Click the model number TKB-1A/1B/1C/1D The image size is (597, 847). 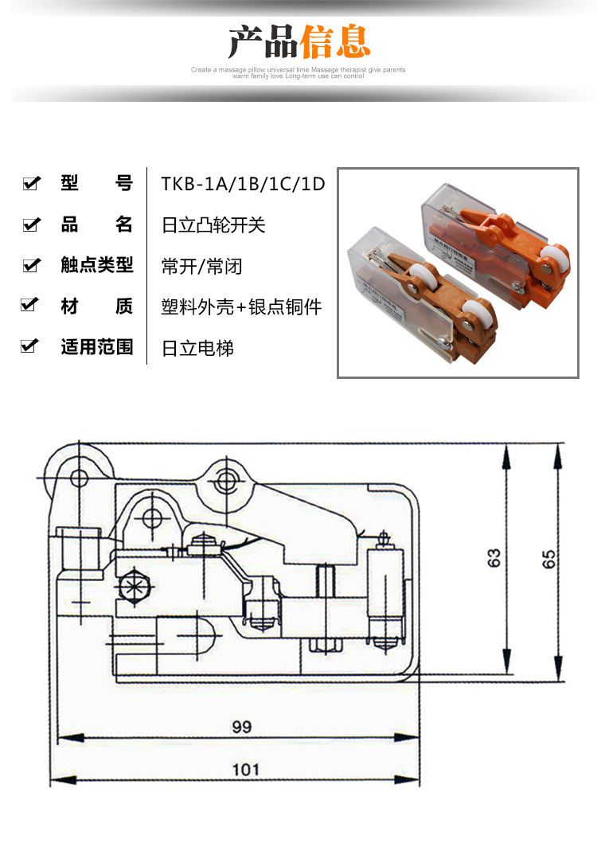[244, 184]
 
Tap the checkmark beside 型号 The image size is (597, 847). [31, 184]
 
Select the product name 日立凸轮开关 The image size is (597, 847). [213, 225]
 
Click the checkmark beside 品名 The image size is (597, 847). [31, 225]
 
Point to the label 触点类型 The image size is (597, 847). [97, 265]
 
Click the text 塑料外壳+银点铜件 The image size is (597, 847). [242, 306]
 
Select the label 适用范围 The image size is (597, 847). [97, 347]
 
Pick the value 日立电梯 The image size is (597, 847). [197, 348]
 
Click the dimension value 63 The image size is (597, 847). [495, 557]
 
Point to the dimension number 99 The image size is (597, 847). [241, 727]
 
